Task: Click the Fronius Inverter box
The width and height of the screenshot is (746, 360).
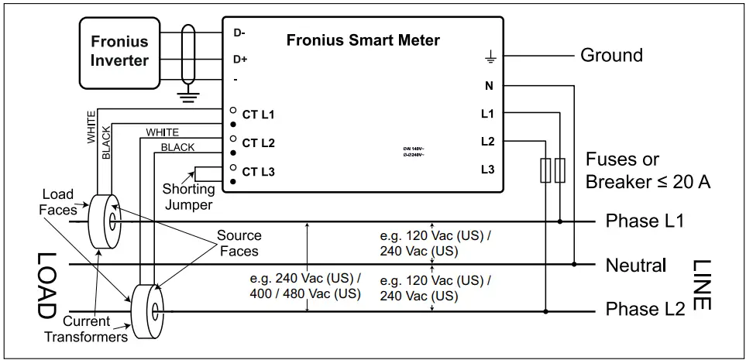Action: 119,50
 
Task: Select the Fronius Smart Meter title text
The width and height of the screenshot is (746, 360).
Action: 363,40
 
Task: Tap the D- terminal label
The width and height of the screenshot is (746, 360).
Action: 239,33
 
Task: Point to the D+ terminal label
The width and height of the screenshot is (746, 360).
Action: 240,60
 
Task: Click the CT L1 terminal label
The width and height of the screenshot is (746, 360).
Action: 258,115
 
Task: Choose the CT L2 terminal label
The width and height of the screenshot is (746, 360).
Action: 258,143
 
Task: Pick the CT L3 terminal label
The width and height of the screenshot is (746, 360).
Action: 258,172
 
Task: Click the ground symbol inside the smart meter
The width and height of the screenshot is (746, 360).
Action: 489,57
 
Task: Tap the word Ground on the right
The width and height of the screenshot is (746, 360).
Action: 611,56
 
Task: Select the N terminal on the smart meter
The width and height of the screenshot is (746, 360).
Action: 489,86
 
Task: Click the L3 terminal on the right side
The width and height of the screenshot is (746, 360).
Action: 487,170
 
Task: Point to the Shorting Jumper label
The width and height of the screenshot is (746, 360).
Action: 188,197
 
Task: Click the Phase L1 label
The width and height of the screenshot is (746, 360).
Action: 645,221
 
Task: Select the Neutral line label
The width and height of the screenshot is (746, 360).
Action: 635,266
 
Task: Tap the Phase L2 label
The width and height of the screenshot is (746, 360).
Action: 645,310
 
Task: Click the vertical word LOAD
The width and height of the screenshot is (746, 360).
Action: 45,286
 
